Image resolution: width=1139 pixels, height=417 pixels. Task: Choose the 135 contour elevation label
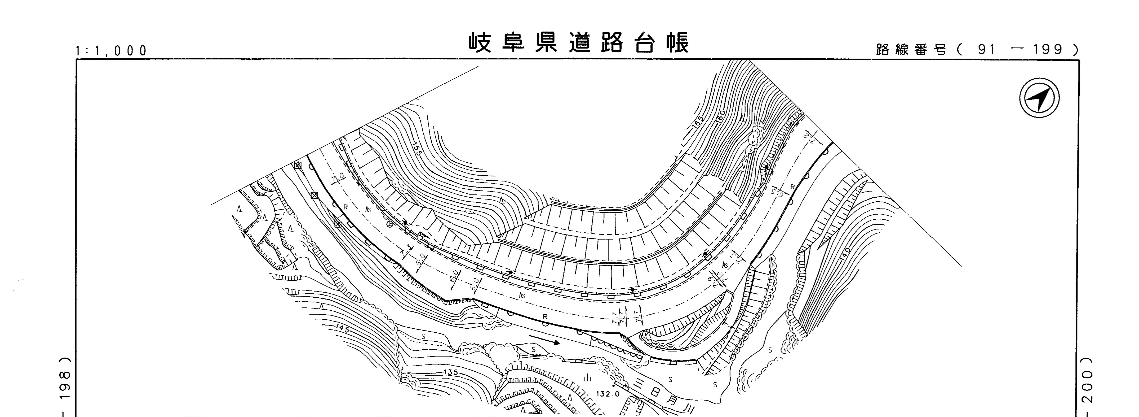click(450, 372)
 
